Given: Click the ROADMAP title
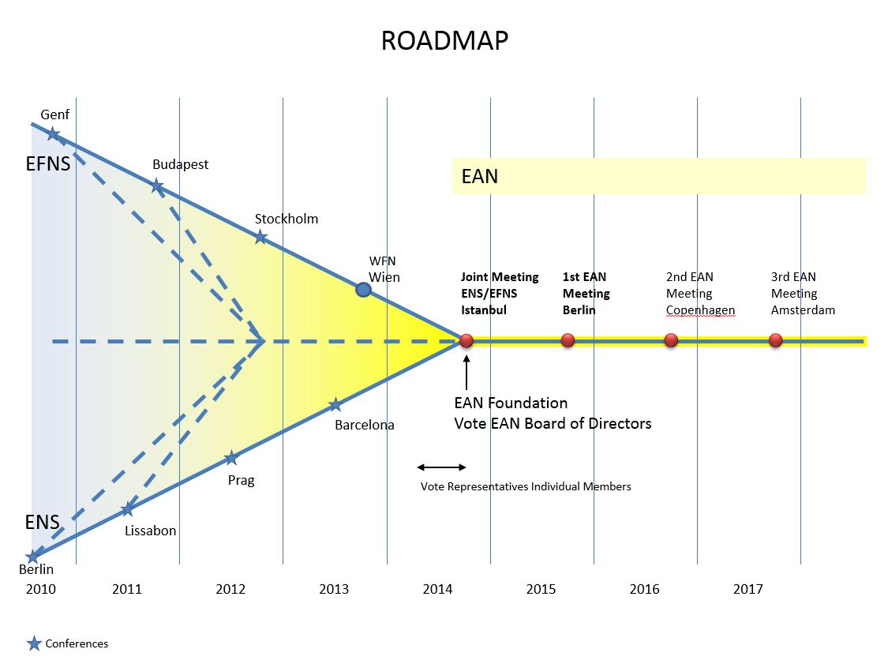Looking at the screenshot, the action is [444, 41].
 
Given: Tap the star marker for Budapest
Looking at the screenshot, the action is [157, 186].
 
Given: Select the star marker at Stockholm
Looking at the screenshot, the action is [260, 237].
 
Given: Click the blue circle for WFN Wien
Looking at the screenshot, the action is [364, 290].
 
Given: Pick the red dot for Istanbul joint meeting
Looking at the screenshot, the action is [466, 340].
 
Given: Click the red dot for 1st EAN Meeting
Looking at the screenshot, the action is [568, 340].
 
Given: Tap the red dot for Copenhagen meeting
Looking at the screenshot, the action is [671, 340].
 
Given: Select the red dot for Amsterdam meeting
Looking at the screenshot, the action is [776, 340].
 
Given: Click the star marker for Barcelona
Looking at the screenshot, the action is [335, 404].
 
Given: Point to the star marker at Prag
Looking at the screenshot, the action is [231, 458].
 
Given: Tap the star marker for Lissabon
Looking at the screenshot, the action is [128, 509].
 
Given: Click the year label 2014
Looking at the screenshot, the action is [438, 589].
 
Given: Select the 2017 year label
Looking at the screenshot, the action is [748, 589].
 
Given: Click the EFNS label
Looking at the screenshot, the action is [48, 163].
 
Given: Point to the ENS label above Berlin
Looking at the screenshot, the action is [43, 522].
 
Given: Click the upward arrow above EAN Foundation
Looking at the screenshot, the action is [466, 372].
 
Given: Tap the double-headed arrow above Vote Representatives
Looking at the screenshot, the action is [442, 467].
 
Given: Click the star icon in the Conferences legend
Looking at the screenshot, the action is [34, 643].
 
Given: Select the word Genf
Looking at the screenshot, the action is [55, 114].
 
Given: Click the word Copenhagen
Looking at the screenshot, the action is [701, 310].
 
